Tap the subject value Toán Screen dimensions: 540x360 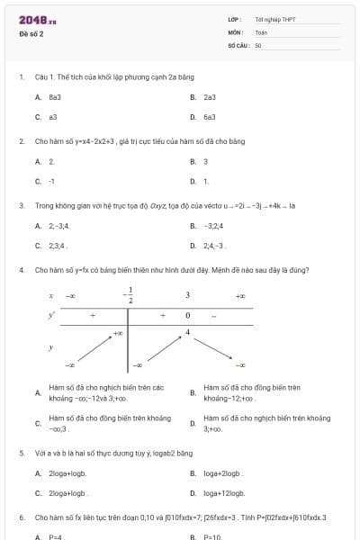tap(261, 32)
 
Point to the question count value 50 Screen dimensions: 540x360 tap(258, 45)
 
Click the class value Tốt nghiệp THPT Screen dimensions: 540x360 tap(274, 19)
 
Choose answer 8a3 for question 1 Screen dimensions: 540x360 tap(54, 96)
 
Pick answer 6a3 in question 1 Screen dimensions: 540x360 tap(210, 116)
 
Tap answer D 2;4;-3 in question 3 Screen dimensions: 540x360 tap(214, 245)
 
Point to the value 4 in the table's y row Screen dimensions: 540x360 tap(187, 333)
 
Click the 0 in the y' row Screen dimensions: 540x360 tap(187, 316)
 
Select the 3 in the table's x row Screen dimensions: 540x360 tap(187, 294)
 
